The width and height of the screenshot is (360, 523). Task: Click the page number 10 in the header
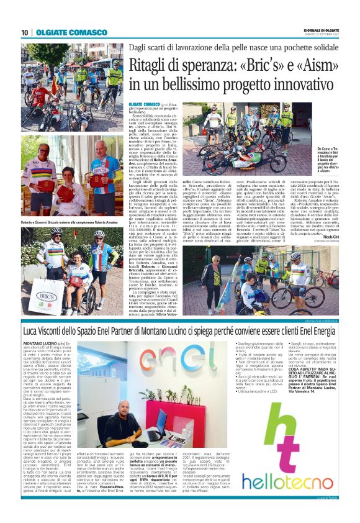pyautogui.click(x=24, y=32)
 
